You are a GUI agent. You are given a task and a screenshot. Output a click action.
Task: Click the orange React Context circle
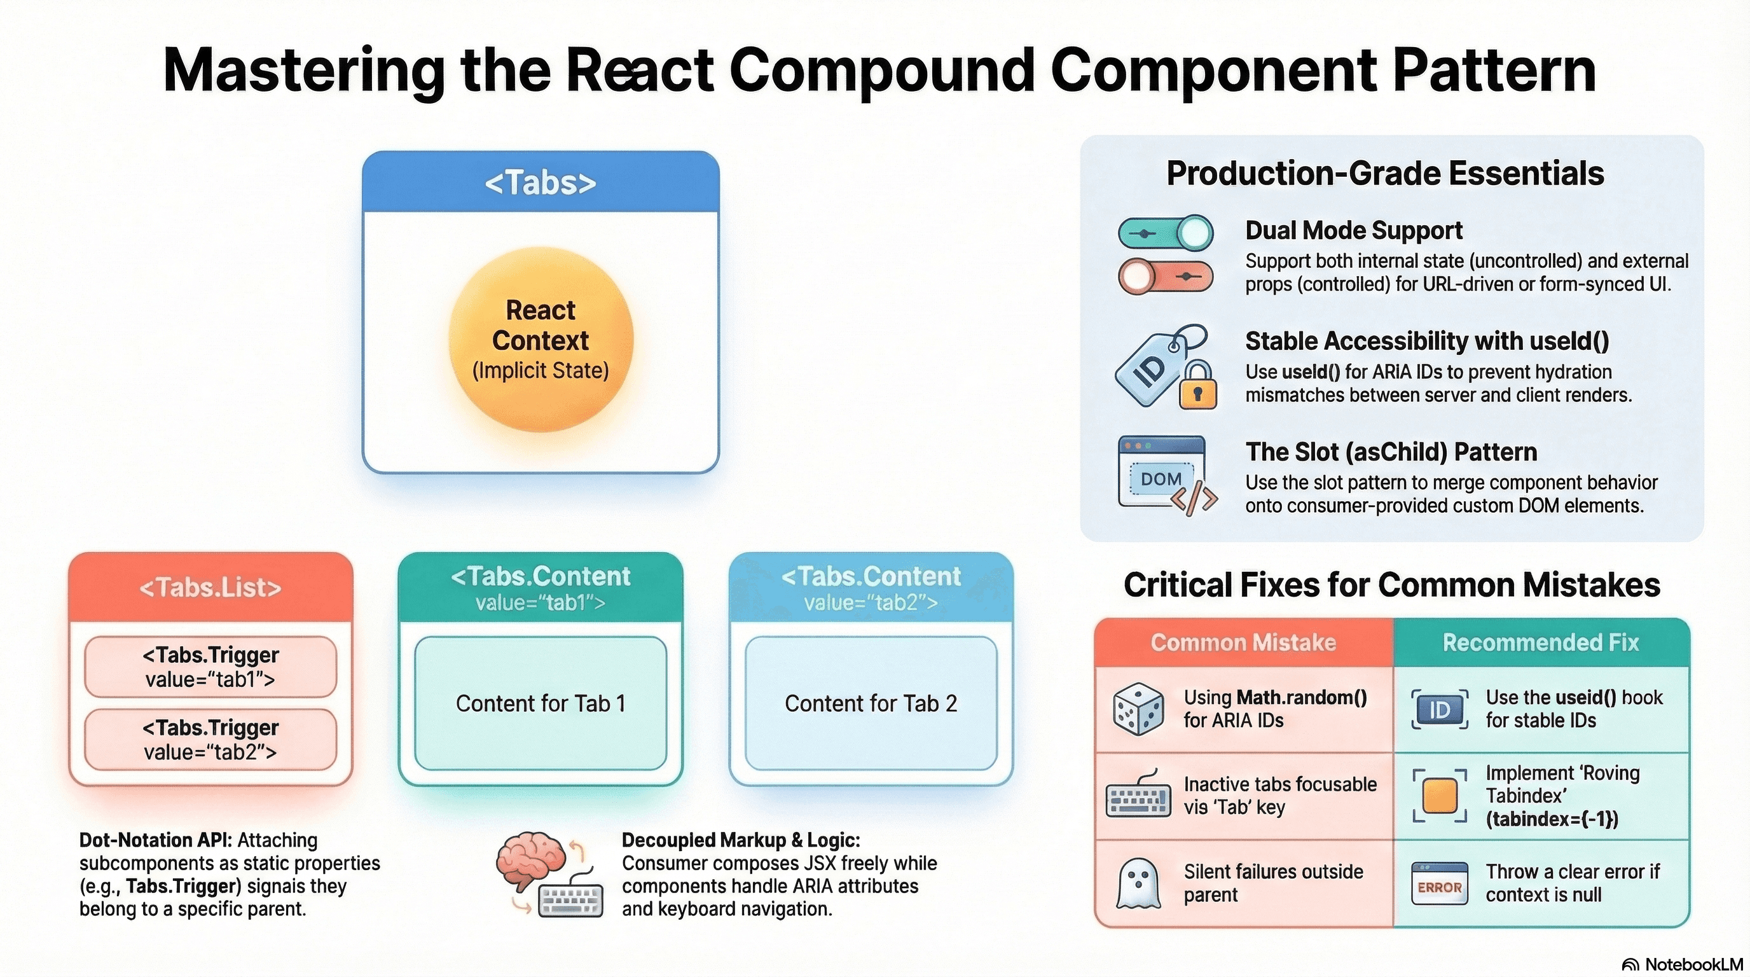(541, 340)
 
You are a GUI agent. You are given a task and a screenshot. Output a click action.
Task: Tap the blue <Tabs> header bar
(541, 182)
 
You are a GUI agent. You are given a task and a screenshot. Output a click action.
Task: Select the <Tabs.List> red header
(210, 588)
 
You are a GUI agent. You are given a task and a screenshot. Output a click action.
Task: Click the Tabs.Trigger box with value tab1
(210, 667)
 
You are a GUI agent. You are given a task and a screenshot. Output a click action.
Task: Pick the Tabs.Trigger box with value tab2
(210, 739)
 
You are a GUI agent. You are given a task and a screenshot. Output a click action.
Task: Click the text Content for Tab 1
(541, 703)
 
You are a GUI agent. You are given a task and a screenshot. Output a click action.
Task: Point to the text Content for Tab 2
(871, 703)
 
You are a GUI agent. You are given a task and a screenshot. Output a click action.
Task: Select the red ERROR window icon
(1440, 883)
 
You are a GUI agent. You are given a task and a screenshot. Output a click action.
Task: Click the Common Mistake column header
(1243, 642)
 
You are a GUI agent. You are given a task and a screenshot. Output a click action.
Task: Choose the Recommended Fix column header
(1541, 642)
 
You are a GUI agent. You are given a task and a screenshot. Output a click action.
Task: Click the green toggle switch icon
(1166, 233)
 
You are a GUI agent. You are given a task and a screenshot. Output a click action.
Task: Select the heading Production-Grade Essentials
(1385, 173)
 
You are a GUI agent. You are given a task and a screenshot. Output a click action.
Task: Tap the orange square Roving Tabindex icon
(1440, 796)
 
